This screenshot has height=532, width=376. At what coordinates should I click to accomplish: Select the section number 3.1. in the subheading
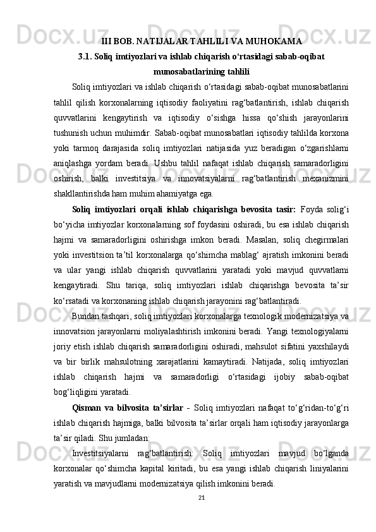coord(87,57)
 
